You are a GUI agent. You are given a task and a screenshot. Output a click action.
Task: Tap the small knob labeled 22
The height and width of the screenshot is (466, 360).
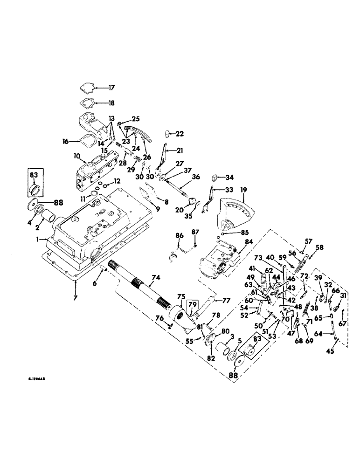[x=165, y=134]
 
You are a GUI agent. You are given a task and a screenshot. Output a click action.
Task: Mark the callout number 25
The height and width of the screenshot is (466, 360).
[x=136, y=119]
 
